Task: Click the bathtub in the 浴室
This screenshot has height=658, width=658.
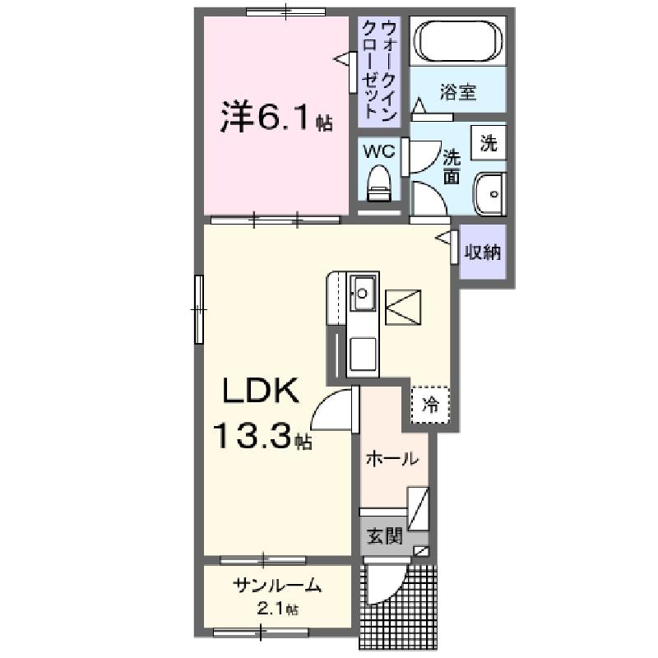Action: tap(458, 40)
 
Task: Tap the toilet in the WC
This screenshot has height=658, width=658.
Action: tap(378, 183)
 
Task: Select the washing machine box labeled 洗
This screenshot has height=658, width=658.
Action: tap(488, 142)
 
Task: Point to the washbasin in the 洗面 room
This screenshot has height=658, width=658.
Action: tap(489, 194)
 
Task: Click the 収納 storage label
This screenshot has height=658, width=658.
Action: tap(482, 252)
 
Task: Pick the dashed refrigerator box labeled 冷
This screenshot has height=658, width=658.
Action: tap(430, 405)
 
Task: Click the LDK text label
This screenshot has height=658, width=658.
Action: tap(260, 390)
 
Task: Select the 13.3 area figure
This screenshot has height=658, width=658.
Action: tap(253, 436)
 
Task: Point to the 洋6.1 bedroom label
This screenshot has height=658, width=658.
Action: tap(276, 117)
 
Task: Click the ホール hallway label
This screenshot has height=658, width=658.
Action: tap(392, 459)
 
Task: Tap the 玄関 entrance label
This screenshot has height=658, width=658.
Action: tap(384, 536)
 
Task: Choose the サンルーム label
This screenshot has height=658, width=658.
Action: tap(277, 585)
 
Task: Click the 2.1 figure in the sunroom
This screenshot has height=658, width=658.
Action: tap(273, 609)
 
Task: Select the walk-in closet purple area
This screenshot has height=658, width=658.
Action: tap(379, 72)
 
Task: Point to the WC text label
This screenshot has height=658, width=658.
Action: tap(378, 151)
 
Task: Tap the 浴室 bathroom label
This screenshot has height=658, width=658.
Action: tap(458, 92)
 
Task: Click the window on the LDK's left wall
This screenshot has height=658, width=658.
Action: tap(199, 310)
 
